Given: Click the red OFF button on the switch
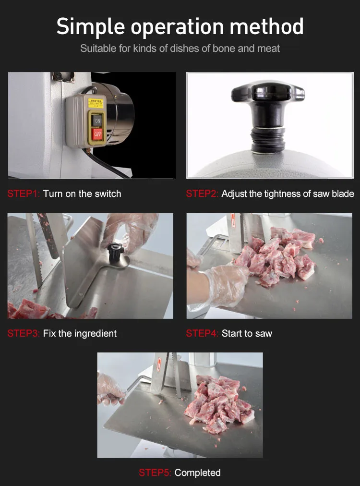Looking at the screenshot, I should pyautogui.click(x=97, y=133).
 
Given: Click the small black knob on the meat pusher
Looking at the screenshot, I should pyautogui.click(x=114, y=251).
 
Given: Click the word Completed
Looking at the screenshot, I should pyautogui.click(x=198, y=473).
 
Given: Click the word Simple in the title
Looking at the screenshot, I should pyautogui.click(x=90, y=26).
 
